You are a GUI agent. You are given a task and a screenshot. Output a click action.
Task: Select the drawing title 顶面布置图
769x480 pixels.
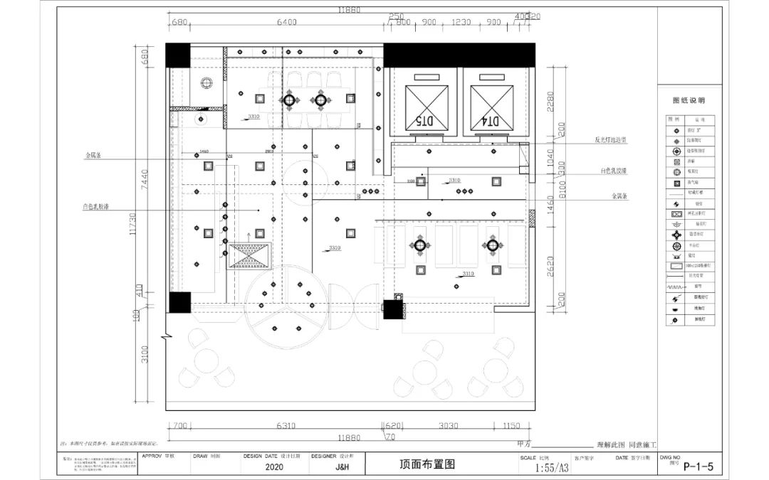click(427, 464)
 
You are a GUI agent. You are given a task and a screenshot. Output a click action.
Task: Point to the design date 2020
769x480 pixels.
click(273, 467)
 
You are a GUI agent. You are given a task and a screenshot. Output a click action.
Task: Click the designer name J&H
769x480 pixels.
click(342, 467)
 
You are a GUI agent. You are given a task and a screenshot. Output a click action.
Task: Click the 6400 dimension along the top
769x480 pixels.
click(286, 22)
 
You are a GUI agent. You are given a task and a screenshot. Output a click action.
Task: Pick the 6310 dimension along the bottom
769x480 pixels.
click(285, 427)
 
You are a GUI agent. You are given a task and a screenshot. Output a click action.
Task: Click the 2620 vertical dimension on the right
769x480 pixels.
click(549, 265)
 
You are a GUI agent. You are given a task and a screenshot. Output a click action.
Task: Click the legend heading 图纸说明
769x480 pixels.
click(689, 101)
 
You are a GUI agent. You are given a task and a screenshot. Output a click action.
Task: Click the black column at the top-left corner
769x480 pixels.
click(178, 55)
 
